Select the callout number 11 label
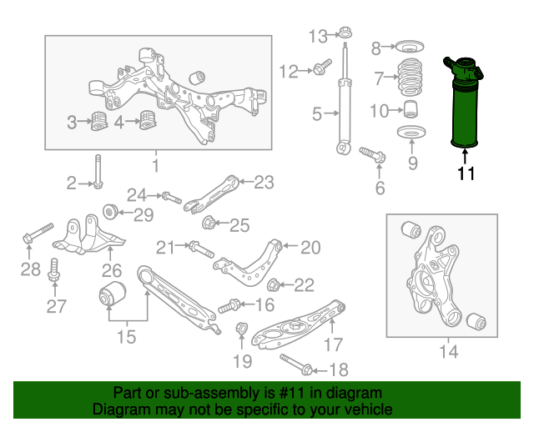point(466,174)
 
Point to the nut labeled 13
point(343,35)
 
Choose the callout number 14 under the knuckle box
point(447,350)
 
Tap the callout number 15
point(125,337)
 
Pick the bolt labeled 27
point(56,272)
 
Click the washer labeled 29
point(108,208)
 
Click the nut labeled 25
point(209,223)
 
